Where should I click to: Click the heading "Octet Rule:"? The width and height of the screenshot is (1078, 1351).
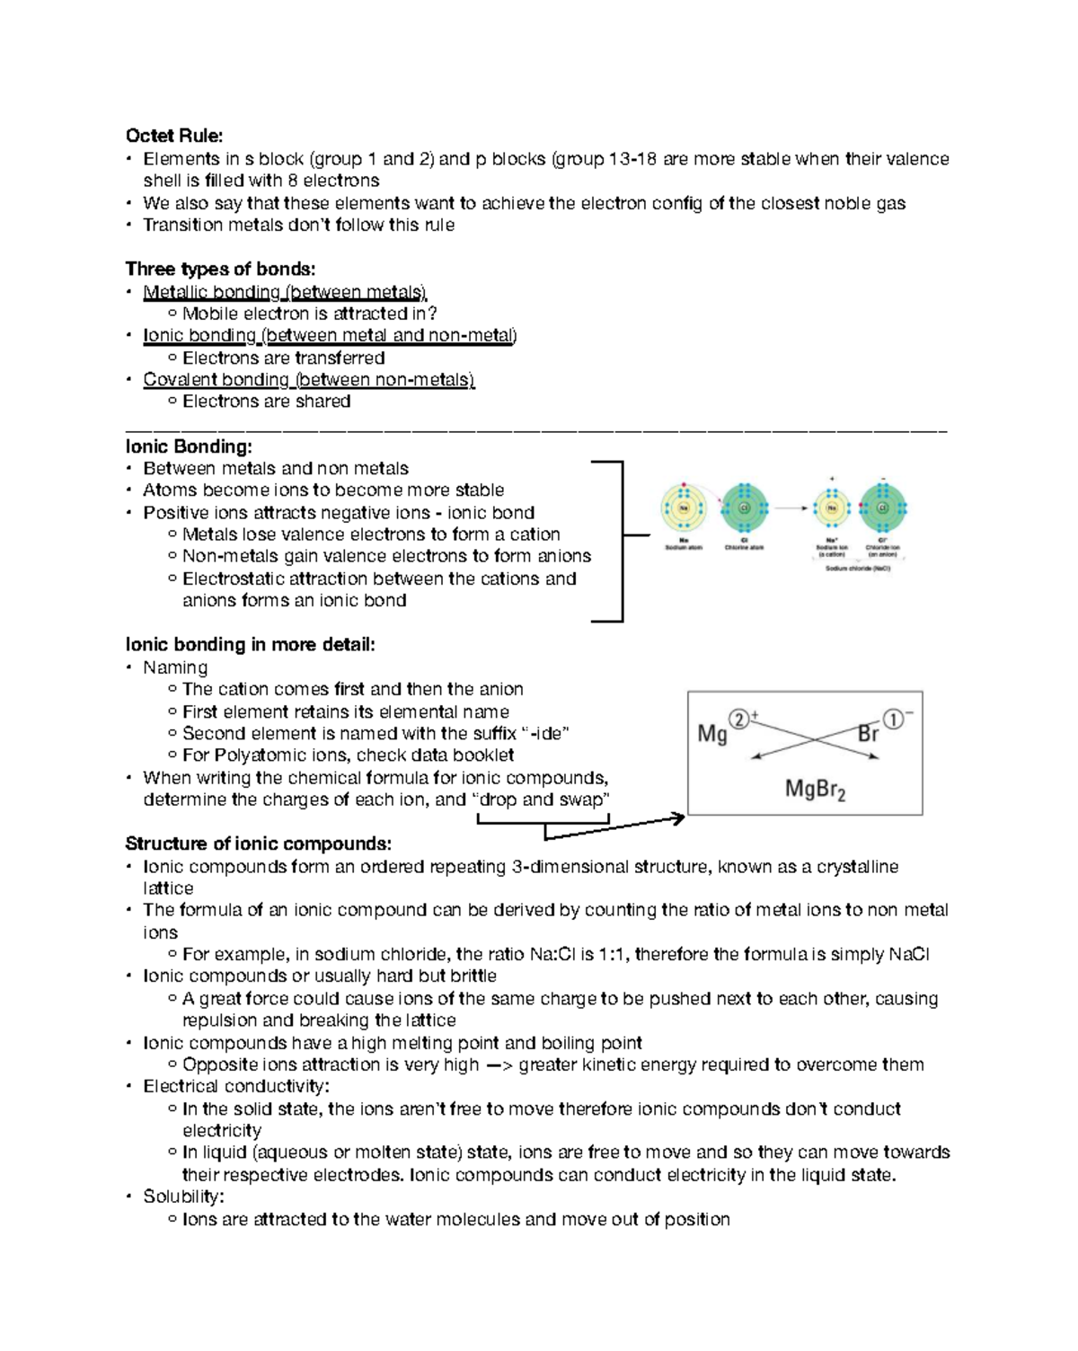point(174,136)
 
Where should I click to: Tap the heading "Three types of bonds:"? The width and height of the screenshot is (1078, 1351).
point(220,269)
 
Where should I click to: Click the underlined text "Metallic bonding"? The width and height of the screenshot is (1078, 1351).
point(212,292)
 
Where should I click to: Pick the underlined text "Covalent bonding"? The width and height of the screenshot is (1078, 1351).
point(216,380)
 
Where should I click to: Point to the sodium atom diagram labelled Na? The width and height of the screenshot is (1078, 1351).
point(684,508)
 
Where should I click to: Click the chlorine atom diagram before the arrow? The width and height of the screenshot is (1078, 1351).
point(744,508)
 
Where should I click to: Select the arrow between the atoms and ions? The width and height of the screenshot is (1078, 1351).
point(791,508)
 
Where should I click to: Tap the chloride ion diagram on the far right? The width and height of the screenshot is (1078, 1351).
point(883,508)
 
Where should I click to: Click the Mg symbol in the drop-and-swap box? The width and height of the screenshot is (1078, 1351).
point(711,734)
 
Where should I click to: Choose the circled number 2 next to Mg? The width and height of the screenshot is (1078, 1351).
point(738,720)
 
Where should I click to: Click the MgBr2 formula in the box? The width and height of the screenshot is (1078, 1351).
point(815,790)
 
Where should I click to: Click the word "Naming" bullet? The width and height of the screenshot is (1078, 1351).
point(175,667)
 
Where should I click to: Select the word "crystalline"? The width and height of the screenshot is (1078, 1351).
point(853,867)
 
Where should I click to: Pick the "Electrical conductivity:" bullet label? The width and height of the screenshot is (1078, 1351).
point(235,1086)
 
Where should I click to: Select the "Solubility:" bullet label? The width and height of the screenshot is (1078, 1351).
point(183,1196)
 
